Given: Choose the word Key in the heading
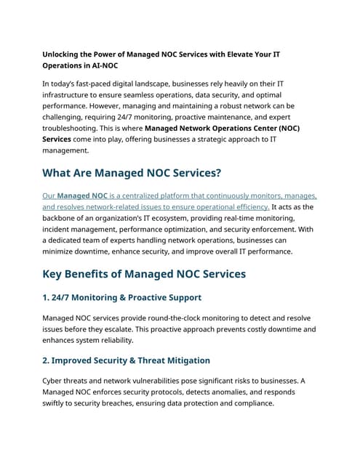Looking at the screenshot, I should (55, 274).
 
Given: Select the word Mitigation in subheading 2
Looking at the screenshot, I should (183, 360).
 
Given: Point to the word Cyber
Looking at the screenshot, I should (55, 381).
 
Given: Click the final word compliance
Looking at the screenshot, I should (248, 403).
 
